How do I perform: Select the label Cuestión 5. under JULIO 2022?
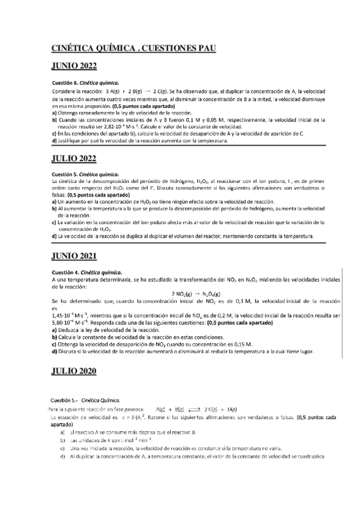tap(65, 174)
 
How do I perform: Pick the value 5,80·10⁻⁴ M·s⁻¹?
tap(72, 322)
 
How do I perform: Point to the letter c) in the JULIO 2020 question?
tap(62, 448)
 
